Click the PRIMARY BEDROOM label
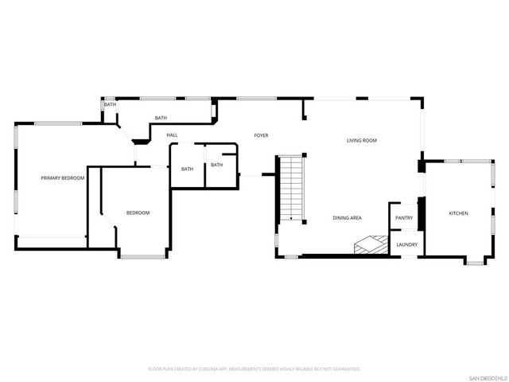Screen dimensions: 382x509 tap(63, 178)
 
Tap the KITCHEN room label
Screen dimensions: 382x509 tap(459, 213)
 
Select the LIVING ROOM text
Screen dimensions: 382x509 tap(361, 141)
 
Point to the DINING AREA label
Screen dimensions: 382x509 tap(348, 217)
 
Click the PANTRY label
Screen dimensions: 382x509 tap(404, 217)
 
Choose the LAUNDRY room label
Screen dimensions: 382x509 tap(406, 244)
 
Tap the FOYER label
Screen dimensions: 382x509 tap(261, 135)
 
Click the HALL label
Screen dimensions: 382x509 tap(172, 135)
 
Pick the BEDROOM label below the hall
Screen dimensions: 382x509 tap(138, 212)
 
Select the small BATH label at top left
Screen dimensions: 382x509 tap(110, 104)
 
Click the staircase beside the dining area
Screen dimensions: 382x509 tap(292, 188)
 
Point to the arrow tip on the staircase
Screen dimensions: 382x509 tap(291, 219)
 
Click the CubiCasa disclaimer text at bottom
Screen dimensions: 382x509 tap(254, 369)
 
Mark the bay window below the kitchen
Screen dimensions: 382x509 tap(475, 260)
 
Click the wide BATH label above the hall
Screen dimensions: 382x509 tap(161, 119)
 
